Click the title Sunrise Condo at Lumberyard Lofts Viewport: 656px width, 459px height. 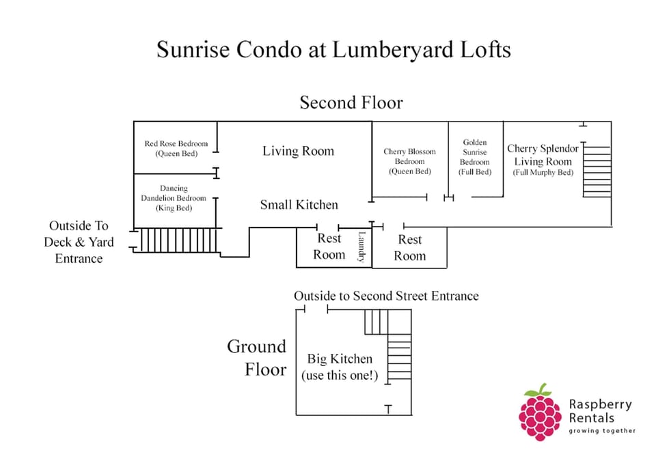(x=333, y=50)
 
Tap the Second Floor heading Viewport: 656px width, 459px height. (x=351, y=102)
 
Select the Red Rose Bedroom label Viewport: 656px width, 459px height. (x=176, y=149)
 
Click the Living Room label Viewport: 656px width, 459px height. (x=298, y=151)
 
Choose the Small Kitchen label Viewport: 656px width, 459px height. (x=299, y=204)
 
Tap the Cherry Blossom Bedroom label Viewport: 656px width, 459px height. (x=410, y=161)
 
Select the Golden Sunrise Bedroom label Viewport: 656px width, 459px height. (x=474, y=157)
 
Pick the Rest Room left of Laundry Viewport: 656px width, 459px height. (x=329, y=247)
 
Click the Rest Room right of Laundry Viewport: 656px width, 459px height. (x=410, y=247)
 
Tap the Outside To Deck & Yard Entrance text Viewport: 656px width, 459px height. (x=79, y=242)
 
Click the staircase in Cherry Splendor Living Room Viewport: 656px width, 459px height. (x=597, y=170)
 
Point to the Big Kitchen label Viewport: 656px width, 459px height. (x=340, y=367)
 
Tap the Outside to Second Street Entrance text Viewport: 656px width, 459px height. (x=386, y=296)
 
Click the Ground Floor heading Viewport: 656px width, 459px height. (x=257, y=358)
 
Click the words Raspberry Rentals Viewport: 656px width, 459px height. (x=600, y=411)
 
